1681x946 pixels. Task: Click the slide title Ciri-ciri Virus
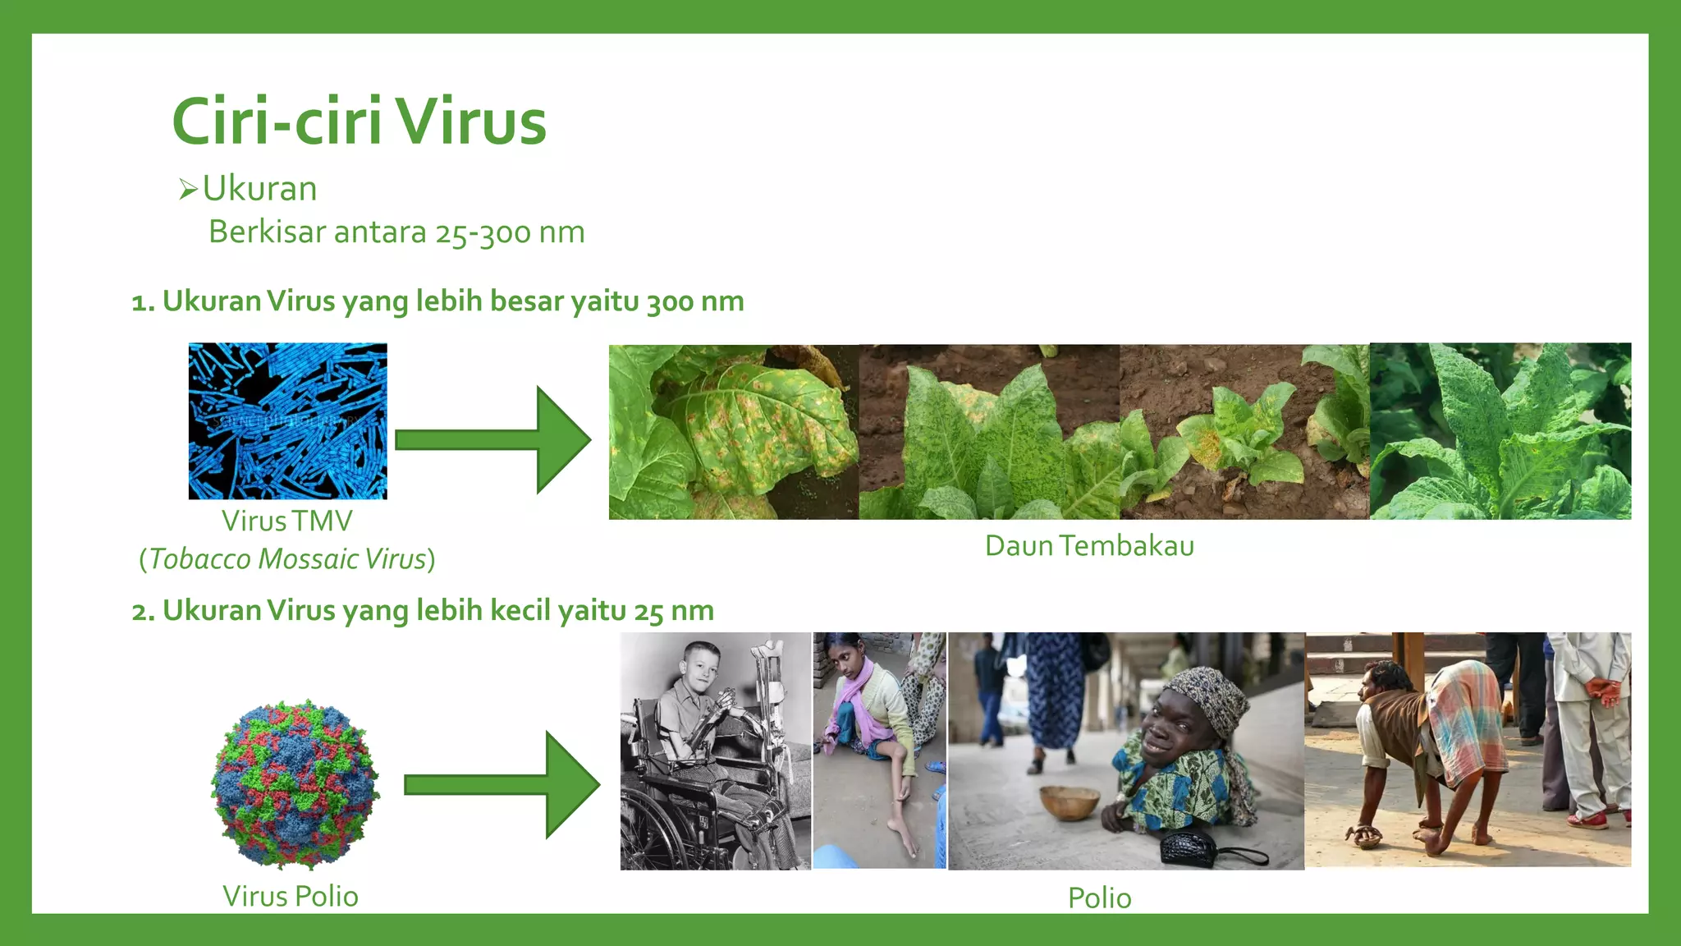pyautogui.click(x=359, y=122)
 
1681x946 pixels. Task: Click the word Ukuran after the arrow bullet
pyautogui.click(x=259, y=189)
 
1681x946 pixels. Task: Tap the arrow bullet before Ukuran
pyautogui.click(x=188, y=191)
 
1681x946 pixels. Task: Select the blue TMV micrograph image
pyautogui.click(x=287, y=420)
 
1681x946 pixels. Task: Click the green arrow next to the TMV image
pyautogui.click(x=492, y=439)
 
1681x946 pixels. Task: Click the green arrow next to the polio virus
pyautogui.click(x=502, y=785)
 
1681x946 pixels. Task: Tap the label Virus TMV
pyautogui.click(x=286, y=521)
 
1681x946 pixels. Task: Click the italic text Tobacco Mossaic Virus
pyautogui.click(x=286, y=559)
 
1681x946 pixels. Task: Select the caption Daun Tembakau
pyautogui.click(x=1089, y=546)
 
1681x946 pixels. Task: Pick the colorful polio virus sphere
pyautogui.click(x=295, y=783)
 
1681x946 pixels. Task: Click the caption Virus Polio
pyautogui.click(x=290, y=896)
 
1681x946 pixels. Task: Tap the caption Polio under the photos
pyautogui.click(x=1099, y=898)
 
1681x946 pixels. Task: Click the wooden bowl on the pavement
pyautogui.click(x=1069, y=801)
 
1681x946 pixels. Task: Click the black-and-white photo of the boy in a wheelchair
pyautogui.click(x=715, y=751)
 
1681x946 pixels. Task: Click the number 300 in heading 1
pyautogui.click(x=670, y=302)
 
